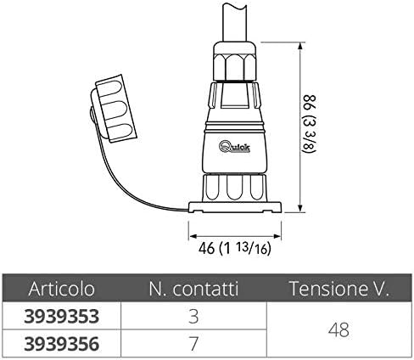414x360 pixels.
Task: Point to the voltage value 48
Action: tap(339, 330)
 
